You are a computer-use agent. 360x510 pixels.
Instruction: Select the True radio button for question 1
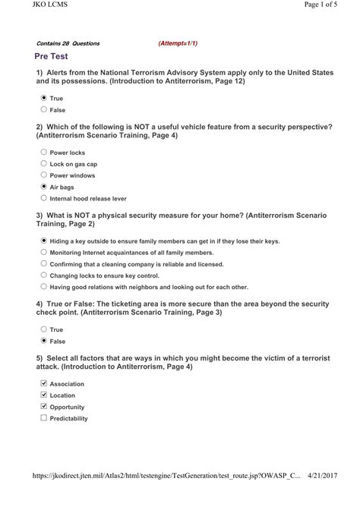[x=43, y=99]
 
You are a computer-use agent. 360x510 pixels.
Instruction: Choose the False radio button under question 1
[x=43, y=110]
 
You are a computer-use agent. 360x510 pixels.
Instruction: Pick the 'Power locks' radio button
[x=43, y=152]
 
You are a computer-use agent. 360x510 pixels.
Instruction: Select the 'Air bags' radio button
[x=43, y=186]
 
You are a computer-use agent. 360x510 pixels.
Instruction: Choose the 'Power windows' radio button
[x=43, y=175]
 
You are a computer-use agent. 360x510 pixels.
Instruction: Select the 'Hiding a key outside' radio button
[x=43, y=240]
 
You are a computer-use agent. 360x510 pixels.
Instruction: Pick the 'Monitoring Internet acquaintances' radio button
[x=43, y=252]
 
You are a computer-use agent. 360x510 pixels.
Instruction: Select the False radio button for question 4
[x=43, y=341]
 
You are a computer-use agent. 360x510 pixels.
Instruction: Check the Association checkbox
[x=43, y=383]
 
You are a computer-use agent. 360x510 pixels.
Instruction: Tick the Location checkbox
[x=43, y=395]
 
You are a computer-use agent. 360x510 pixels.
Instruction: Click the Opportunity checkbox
[x=43, y=407]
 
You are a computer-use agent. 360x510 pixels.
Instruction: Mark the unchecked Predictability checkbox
[x=43, y=418]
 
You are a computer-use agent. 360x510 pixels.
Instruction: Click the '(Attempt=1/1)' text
[x=178, y=43]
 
